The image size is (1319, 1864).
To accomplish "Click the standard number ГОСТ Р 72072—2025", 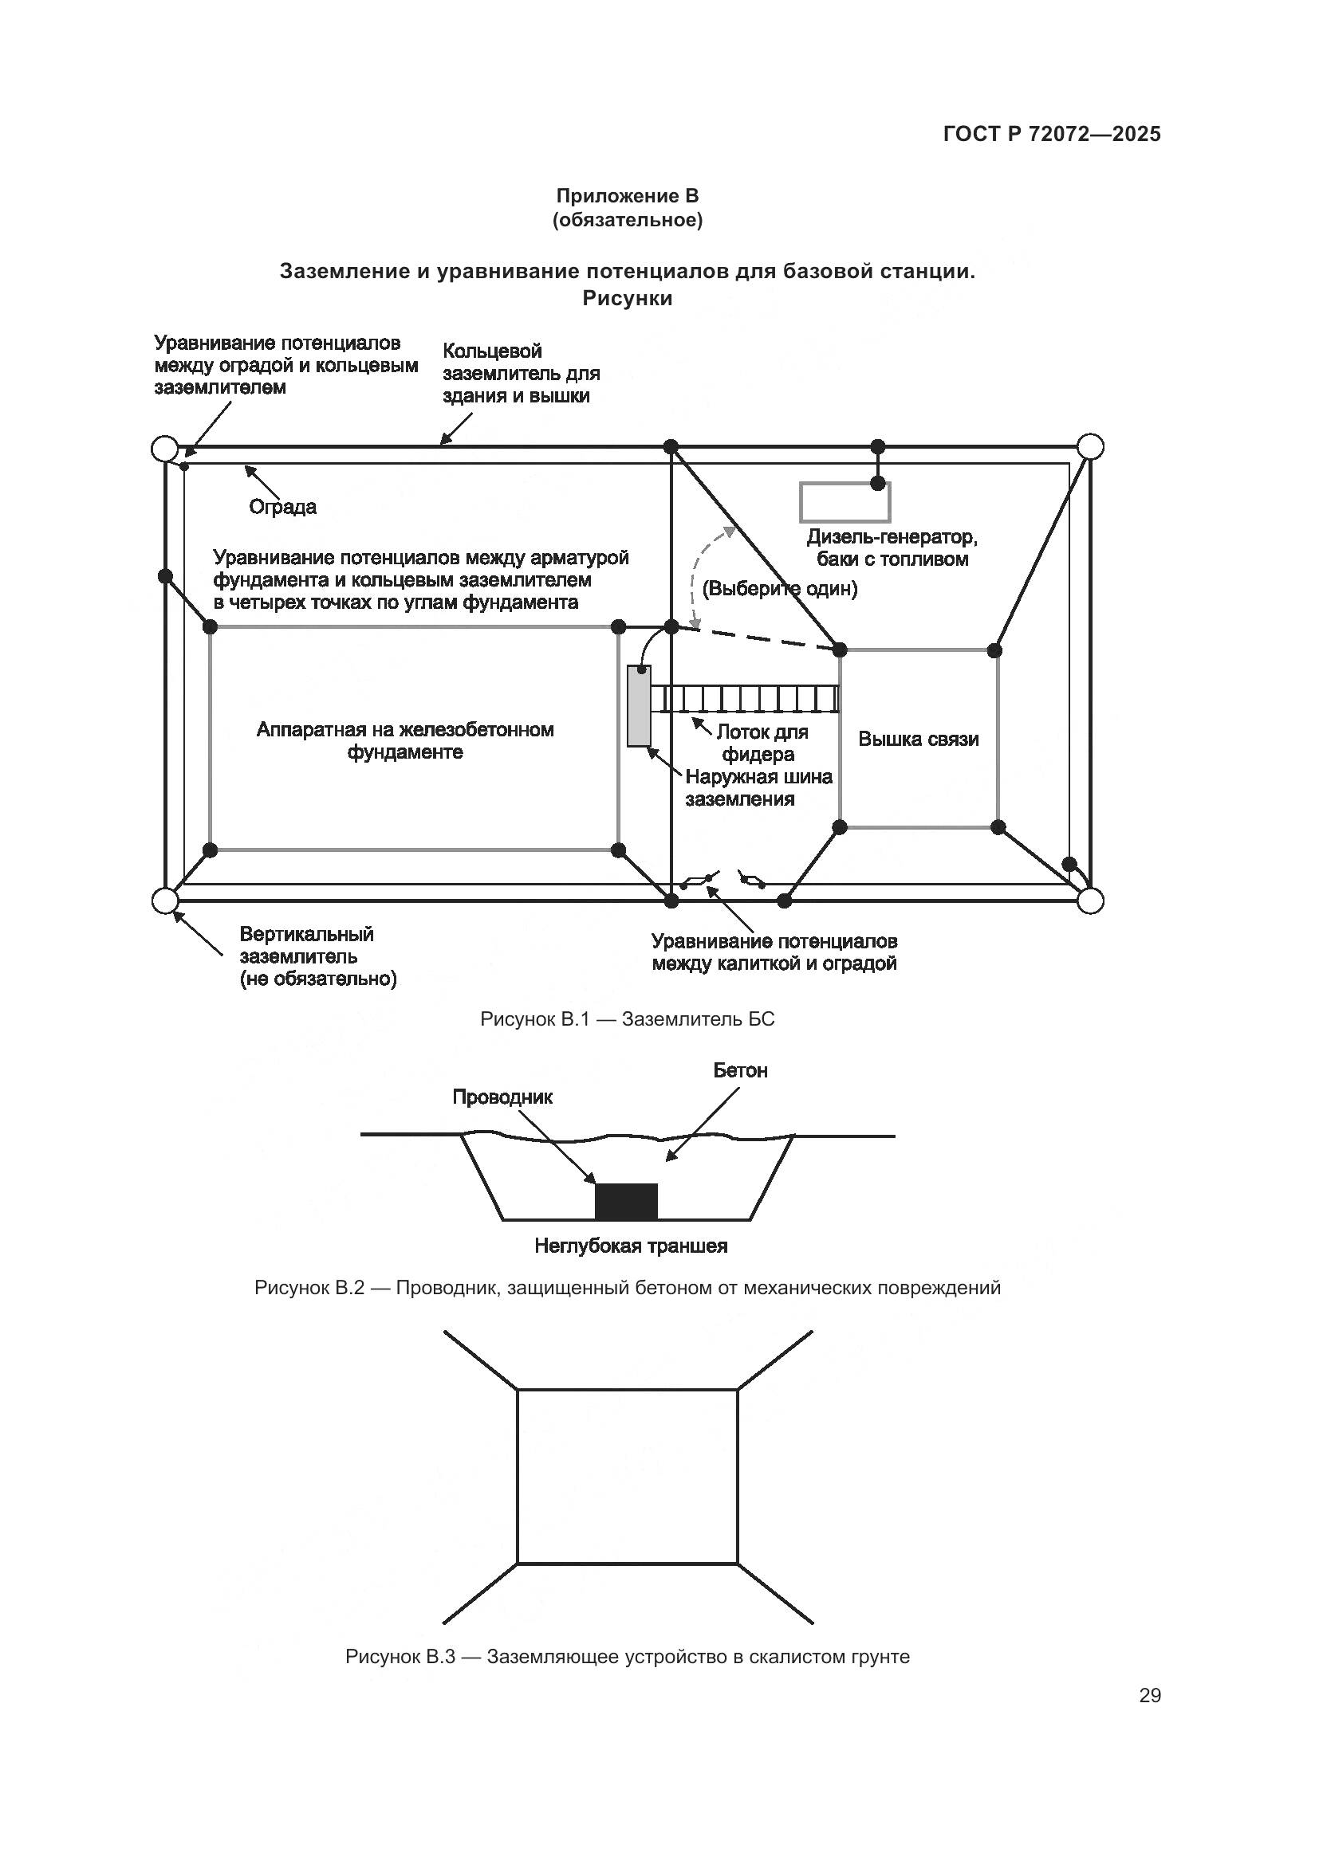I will pyautogui.click(x=1052, y=135).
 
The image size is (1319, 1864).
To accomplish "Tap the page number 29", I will pyautogui.click(x=1149, y=1696).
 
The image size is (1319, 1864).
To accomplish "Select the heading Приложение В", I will pyautogui.click(x=627, y=196).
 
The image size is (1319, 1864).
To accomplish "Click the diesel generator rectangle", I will pyautogui.click(x=845, y=502).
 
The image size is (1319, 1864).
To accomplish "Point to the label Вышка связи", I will pyautogui.click(x=918, y=740).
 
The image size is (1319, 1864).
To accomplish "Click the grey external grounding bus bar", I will pyautogui.click(x=640, y=705).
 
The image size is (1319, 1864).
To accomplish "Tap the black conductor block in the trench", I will pyautogui.click(x=625, y=1201).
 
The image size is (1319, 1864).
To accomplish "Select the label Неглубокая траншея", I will pyautogui.click(x=630, y=1246).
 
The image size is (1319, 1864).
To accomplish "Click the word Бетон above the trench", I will pyautogui.click(x=740, y=1071).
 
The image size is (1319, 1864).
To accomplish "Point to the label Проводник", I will pyautogui.click(x=502, y=1097).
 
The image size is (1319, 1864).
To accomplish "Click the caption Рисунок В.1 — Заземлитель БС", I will pyautogui.click(x=627, y=1020).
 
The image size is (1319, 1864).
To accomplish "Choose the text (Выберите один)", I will pyautogui.click(x=780, y=589).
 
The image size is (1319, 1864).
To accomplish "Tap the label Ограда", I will pyautogui.click(x=282, y=508).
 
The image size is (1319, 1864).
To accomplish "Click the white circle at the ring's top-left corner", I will pyautogui.click(x=165, y=448).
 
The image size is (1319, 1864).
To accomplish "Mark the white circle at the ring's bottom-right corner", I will pyautogui.click(x=1090, y=901).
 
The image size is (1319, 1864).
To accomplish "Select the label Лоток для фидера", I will pyautogui.click(x=762, y=743).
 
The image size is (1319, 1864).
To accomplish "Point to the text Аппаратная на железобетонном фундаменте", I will pyautogui.click(x=405, y=740).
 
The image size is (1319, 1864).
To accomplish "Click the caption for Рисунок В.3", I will pyautogui.click(x=627, y=1657).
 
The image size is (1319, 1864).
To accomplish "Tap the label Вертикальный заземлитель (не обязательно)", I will pyautogui.click(x=317, y=956).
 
